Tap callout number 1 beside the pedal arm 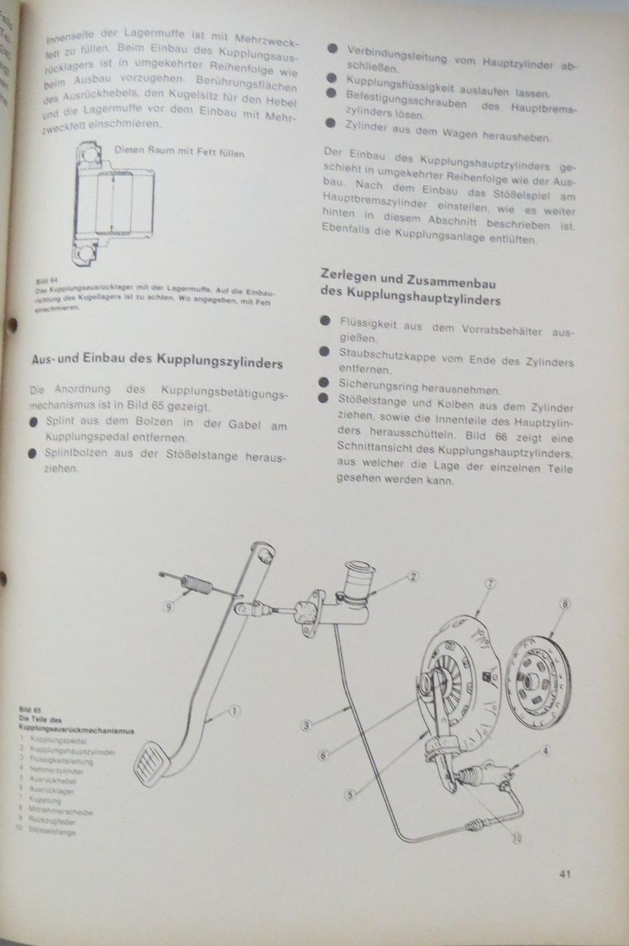(x=235, y=710)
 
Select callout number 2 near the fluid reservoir (x=413, y=577)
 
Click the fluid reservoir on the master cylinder (x=359, y=583)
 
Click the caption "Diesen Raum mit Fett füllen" (x=180, y=152)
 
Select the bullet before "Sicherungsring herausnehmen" (x=323, y=383)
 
